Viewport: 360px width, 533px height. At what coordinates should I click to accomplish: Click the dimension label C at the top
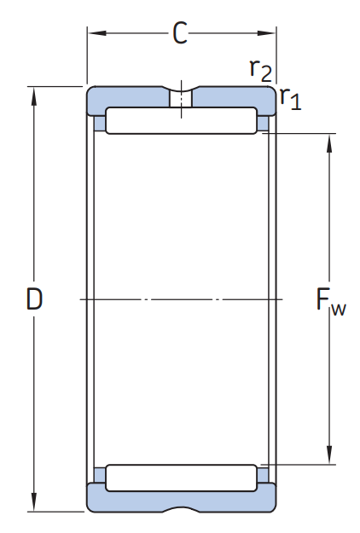(180, 33)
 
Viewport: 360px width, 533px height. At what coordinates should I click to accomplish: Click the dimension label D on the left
(34, 298)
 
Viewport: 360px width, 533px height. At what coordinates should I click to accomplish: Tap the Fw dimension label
(331, 302)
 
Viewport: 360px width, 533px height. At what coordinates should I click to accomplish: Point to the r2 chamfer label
(261, 71)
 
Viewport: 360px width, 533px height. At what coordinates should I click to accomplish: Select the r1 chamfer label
(291, 98)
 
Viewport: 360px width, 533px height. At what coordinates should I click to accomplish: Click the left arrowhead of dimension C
(97, 33)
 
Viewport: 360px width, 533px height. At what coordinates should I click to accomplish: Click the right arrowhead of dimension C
(266, 33)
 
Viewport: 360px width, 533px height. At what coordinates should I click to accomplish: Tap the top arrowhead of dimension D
(33, 96)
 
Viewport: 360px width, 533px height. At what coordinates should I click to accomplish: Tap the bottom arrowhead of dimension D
(33, 501)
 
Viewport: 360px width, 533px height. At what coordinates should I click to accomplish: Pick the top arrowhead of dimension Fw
(329, 143)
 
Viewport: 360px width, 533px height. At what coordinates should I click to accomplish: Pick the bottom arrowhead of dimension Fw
(329, 455)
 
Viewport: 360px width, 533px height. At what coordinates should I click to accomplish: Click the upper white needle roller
(181, 121)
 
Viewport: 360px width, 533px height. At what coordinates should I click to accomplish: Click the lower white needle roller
(181, 478)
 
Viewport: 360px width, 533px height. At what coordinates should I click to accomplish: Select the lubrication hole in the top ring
(181, 99)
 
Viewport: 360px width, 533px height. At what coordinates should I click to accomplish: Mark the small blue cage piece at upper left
(100, 123)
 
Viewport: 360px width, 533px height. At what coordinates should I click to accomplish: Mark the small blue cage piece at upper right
(263, 123)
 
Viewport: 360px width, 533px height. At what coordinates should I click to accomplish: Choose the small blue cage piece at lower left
(100, 475)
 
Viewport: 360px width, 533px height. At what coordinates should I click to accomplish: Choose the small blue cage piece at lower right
(263, 475)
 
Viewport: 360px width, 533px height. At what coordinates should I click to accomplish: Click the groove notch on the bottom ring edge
(181, 509)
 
